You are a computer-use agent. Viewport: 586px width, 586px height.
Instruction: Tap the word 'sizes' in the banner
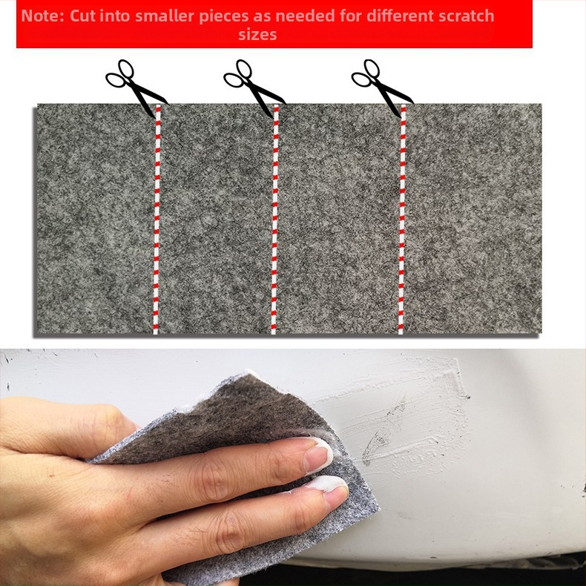coord(257,35)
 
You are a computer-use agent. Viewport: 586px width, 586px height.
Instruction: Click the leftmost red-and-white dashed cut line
coord(157,220)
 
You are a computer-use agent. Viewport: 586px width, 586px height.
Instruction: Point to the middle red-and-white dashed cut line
coord(274,220)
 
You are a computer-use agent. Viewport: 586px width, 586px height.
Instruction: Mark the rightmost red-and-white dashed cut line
coord(402,220)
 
